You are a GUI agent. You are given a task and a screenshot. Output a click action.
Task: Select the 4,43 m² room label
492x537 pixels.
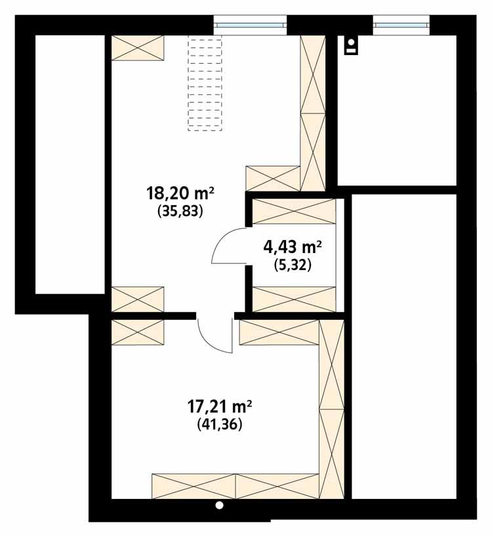click(x=292, y=247)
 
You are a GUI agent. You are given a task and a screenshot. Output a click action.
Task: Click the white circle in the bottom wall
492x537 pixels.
click(x=220, y=506)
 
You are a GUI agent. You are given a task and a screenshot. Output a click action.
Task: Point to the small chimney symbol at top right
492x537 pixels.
click(x=352, y=45)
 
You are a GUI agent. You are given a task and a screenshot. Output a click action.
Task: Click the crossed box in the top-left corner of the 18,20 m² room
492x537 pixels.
click(x=138, y=48)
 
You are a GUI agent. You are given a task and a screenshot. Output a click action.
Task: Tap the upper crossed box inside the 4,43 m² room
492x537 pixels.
click(x=294, y=211)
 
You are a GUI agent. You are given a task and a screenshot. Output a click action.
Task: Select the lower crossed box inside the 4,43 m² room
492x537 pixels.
click(x=294, y=298)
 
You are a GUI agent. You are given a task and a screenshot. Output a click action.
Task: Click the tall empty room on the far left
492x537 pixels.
click(x=70, y=164)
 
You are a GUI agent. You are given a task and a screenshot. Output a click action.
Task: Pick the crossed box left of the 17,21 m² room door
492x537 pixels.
click(x=138, y=332)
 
